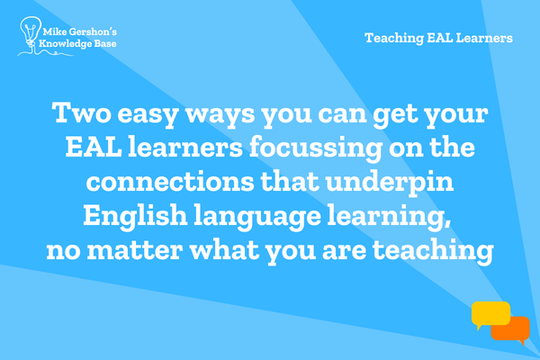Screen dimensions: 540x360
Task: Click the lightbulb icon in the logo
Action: click(x=31, y=32)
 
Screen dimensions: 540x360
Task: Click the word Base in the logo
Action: click(x=104, y=44)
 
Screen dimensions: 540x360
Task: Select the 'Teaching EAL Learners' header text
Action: click(x=439, y=38)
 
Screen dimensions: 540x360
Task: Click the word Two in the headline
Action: click(x=82, y=112)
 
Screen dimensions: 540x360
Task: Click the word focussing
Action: click(x=316, y=149)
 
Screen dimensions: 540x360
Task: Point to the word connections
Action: click(x=170, y=182)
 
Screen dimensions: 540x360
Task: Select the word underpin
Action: click(x=390, y=183)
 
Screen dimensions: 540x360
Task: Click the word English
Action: click(x=135, y=215)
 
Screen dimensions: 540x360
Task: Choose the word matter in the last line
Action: click(x=135, y=250)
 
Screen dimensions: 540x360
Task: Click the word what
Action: click(x=225, y=249)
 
